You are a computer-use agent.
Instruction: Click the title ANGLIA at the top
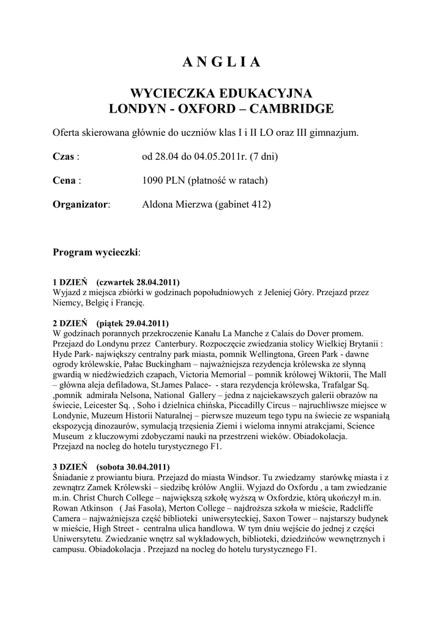(x=221, y=62)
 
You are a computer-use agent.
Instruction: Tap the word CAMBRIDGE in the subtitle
(x=292, y=109)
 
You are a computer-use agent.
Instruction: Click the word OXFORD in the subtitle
(x=215, y=109)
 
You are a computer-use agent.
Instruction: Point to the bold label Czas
(x=64, y=157)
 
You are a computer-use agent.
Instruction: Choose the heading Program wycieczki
(x=95, y=252)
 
